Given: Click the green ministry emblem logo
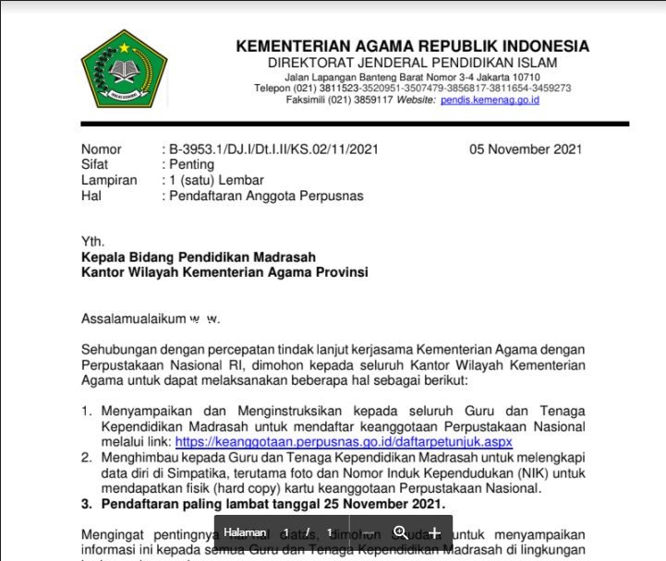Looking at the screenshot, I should pyautogui.click(x=123, y=69).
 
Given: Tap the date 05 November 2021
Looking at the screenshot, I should pyautogui.click(x=526, y=149).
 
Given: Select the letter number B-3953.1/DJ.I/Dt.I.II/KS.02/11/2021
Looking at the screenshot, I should pyautogui.click(x=272, y=149).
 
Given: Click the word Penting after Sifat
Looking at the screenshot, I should pyautogui.click(x=191, y=164).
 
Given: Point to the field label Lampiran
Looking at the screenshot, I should pyautogui.click(x=109, y=180).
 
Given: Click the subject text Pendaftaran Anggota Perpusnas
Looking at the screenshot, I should pyautogui.click(x=266, y=196).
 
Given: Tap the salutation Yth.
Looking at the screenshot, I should pyautogui.click(x=92, y=241).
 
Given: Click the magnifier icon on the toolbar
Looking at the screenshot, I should pyautogui.click(x=400, y=532).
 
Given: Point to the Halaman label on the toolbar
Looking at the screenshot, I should pyautogui.click(x=245, y=532).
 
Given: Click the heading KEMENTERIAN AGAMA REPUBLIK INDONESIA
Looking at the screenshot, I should pyautogui.click(x=412, y=46).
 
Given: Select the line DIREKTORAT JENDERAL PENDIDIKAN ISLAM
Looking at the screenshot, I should pyautogui.click(x=412, y=62).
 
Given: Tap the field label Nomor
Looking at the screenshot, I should pyautogui.click(x=101, y=149).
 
